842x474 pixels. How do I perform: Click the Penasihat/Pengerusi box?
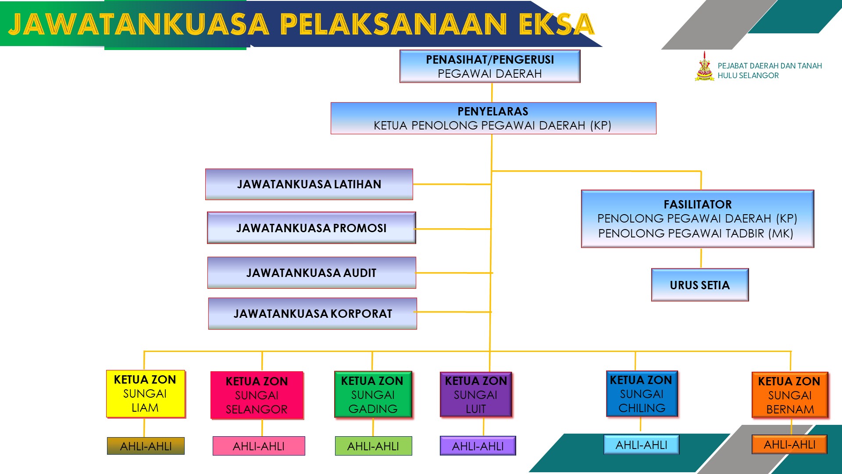pos(490,66)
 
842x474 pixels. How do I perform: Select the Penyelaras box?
pos(493,118)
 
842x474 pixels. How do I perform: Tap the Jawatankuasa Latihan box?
pos(309,184)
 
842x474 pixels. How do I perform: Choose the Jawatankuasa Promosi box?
pos(311,228)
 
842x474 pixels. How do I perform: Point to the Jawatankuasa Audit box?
pos(311,273)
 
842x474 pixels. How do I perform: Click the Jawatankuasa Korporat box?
pos(313,313)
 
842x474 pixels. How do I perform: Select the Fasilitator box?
pos(697,219)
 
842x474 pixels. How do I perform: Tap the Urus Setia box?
pos(700,285)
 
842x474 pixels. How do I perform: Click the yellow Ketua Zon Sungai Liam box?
pos(145,394)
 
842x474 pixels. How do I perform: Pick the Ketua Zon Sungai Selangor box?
pos(257,395)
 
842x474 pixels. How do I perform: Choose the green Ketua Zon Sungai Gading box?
pos(373,394)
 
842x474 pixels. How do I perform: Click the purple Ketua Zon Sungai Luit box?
pos(476,394)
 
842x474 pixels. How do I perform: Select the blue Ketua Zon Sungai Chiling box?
pos(642,394)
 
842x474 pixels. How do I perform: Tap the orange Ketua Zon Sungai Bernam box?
pos(790,395)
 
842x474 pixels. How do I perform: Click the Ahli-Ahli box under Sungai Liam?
pos(146,446)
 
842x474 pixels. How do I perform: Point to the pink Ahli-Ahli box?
pos(259,446)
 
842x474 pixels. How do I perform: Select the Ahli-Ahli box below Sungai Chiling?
pos(641,445)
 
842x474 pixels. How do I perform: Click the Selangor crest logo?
pos(704,67)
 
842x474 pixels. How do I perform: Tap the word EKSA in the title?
pos(556,24)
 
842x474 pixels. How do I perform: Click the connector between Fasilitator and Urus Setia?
pos(701,258)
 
